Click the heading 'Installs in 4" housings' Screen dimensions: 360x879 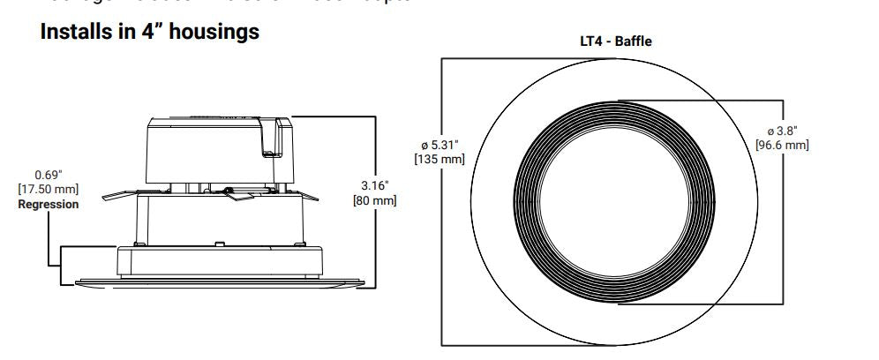(150, 32)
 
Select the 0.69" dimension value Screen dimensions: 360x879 (49, 175)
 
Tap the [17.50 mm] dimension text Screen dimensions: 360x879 (49, 189)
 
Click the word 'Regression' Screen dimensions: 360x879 (49, 204)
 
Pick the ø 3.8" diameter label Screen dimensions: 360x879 (781, 131)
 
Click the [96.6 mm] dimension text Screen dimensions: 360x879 (782, 145)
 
